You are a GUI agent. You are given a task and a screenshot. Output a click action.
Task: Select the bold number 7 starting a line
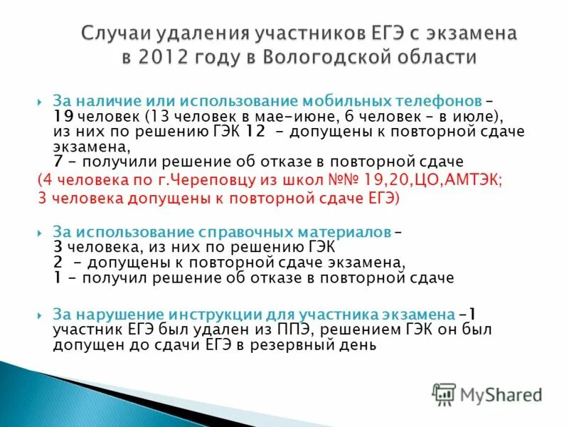coord(57,162)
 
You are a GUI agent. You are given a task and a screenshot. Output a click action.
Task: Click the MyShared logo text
coord(501,394)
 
